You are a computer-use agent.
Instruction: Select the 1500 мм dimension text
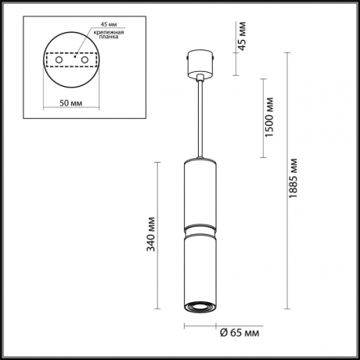coord(269,118)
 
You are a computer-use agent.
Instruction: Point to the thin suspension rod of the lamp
coord(201,117)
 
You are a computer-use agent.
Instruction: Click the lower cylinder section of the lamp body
coord(200,266)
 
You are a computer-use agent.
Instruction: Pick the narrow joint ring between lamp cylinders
coord(200,229)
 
